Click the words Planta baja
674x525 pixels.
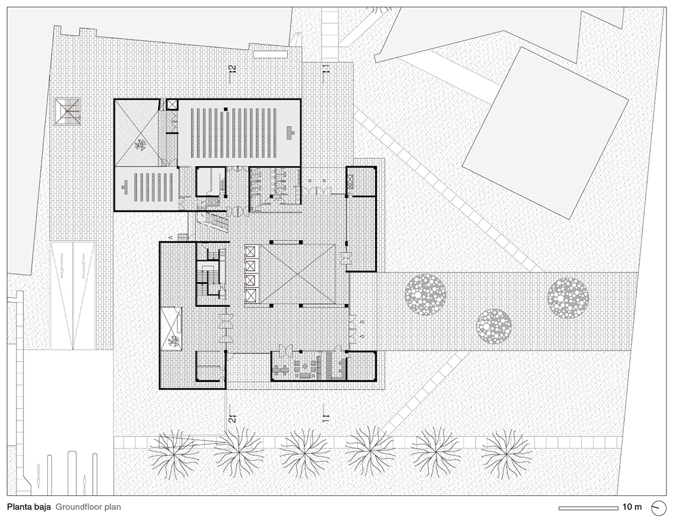[29, 507]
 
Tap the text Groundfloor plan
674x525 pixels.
[88, 507]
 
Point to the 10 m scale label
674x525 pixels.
[632, 507]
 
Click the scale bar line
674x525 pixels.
[588, 508]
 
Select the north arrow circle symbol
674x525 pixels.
[658, 508]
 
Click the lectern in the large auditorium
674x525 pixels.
[291, 132]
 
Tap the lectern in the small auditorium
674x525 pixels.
[125, 187]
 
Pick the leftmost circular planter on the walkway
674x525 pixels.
[425, 295]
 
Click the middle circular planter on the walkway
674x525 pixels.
[494, 326]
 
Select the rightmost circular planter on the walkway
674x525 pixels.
[568, 297]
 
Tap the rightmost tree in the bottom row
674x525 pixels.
[506, 454]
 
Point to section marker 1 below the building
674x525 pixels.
[326, 414]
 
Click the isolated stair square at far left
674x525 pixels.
[68, 111]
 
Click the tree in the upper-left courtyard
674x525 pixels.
[140, 145]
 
